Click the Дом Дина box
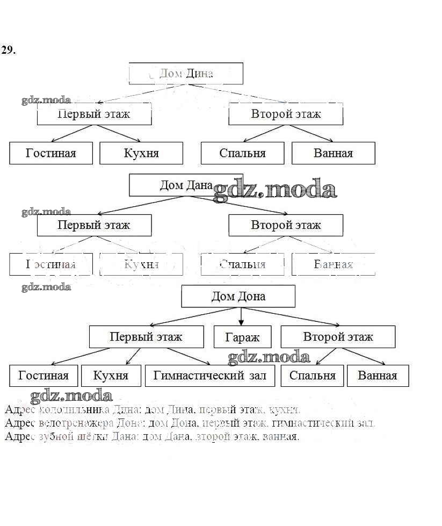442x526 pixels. point(186,74)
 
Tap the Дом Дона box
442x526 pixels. point(238,296)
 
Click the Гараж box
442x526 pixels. point(242,337)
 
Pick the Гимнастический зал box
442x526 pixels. point(209,376)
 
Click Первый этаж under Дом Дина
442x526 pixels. point(94,114)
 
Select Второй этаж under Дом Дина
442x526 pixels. point(286,114)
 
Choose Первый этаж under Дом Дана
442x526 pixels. point(94,225)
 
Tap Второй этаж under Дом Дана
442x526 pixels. point(286,225)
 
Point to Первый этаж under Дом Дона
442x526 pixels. point(146,337)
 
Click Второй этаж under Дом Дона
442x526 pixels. point(338,337)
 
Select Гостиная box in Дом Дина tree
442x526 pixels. point(51,153)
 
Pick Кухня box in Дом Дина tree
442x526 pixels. point(141,153)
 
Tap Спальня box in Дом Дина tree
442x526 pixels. point(242,153)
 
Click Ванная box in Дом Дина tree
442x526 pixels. point(333,153)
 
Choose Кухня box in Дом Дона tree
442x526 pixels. point(111,376)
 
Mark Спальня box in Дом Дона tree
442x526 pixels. point(312,376)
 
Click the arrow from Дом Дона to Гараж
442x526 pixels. point(241,317)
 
